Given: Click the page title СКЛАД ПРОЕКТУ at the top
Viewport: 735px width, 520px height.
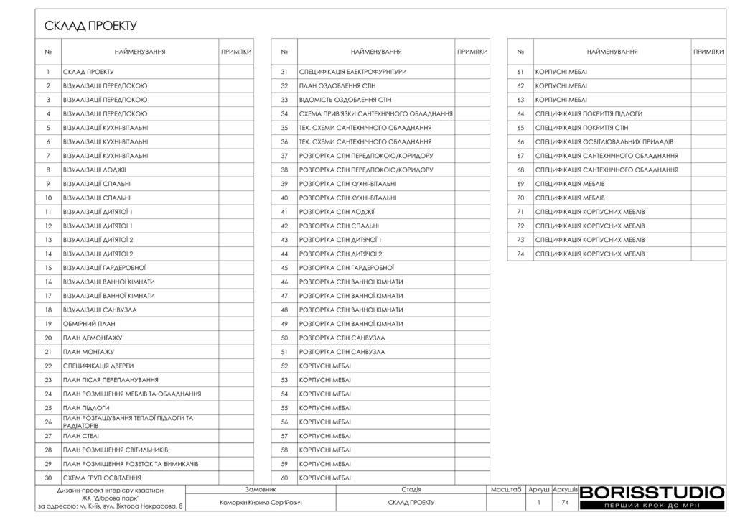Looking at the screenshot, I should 90,27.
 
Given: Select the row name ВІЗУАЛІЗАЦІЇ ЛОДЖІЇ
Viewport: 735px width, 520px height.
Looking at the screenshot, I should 95,170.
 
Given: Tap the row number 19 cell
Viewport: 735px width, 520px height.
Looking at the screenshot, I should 48,324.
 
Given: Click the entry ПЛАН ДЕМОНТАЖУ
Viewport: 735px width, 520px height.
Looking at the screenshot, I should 93,338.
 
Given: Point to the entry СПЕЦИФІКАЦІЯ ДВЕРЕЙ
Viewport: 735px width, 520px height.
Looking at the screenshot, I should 98,366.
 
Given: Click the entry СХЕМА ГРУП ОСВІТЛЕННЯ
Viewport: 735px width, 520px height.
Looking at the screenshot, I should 102,478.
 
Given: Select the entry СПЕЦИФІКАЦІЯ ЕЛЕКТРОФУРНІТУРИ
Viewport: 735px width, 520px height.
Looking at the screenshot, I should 352,72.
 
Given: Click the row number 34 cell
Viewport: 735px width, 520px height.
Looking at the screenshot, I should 284,114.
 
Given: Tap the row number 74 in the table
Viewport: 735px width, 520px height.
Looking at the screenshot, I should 520,254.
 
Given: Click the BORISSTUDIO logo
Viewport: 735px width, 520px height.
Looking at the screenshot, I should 652,493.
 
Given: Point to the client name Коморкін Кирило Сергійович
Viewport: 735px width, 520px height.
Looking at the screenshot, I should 261,503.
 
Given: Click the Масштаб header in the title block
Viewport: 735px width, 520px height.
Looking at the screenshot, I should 505,489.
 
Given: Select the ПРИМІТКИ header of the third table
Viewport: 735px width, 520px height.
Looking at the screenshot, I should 708,52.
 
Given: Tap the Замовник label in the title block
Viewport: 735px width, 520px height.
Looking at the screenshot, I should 261,489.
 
